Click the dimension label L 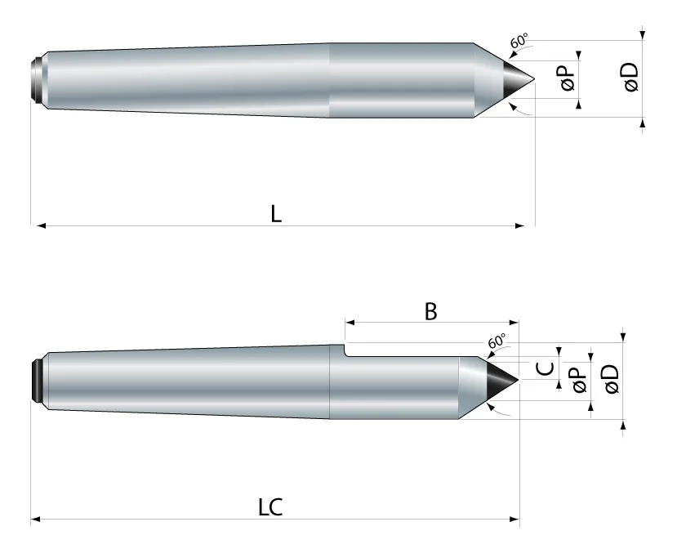tap(276, 213)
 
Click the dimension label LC tap(270, 506)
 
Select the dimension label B tap(430, 311)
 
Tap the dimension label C tap(545, 368)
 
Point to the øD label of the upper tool tap(630, 77)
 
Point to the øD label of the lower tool tap(612, 379)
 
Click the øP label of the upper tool tap(568, 77)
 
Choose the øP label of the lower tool tap(580, 380)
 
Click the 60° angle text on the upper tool tap(519, 41)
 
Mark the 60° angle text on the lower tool tap(497, 341)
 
